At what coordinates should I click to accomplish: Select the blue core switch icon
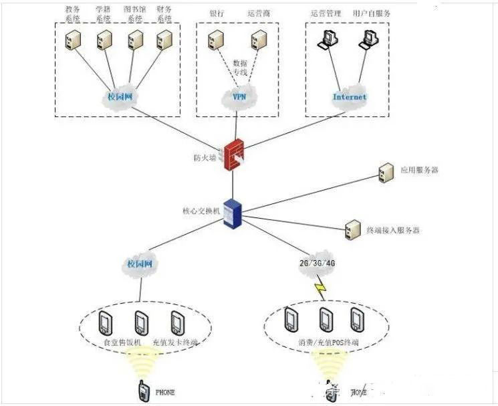[x=231, y=212]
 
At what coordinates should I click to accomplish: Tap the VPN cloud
[x=239, y=97]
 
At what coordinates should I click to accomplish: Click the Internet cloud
[x=350, y=97]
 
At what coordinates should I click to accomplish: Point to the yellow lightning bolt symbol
[x=320, y=289]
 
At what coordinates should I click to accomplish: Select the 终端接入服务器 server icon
[x=351, y=230]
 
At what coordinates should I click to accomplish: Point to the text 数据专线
[x=239, y=66]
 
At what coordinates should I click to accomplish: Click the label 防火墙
[x=205, y=158]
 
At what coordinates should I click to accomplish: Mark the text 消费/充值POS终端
[x=328, y=342]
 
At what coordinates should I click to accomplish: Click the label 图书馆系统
[x=133, y=15]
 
